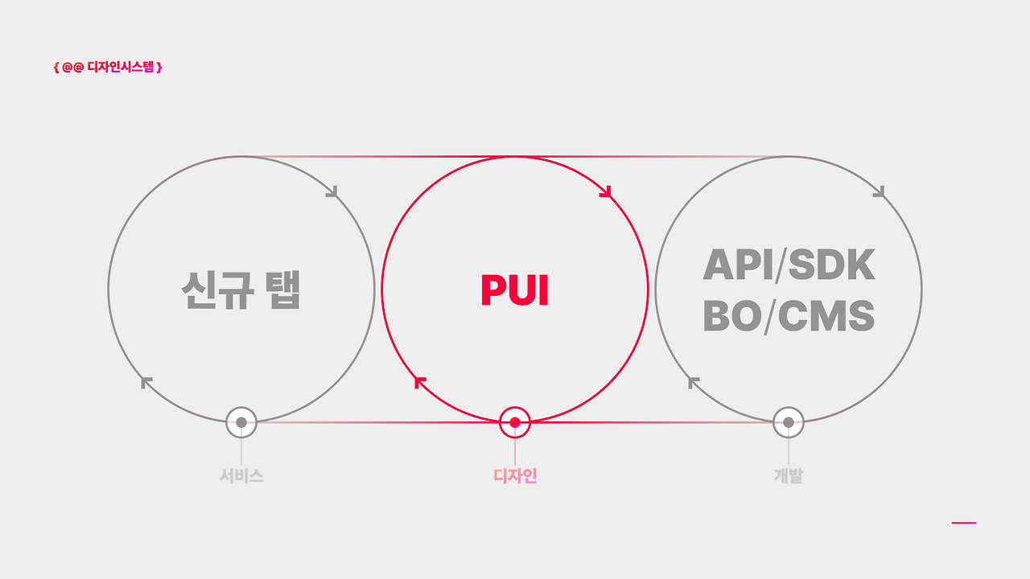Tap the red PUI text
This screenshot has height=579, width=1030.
514,290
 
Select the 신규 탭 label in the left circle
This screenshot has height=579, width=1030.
241,290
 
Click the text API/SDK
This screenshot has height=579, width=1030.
789,265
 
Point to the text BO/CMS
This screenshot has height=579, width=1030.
789,317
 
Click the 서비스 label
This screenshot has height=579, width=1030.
241,476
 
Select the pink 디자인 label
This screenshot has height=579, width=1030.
515,476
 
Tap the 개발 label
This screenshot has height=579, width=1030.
789,476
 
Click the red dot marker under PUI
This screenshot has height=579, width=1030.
515,422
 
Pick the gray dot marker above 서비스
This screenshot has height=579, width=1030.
241,422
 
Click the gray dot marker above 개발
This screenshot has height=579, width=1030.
789,422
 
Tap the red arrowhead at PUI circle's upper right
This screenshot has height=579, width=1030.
608,193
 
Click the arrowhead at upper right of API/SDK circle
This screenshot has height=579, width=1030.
881,193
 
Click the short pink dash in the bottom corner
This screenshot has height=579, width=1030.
963,523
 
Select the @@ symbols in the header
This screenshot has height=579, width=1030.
73,68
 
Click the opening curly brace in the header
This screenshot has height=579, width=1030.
56,68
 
